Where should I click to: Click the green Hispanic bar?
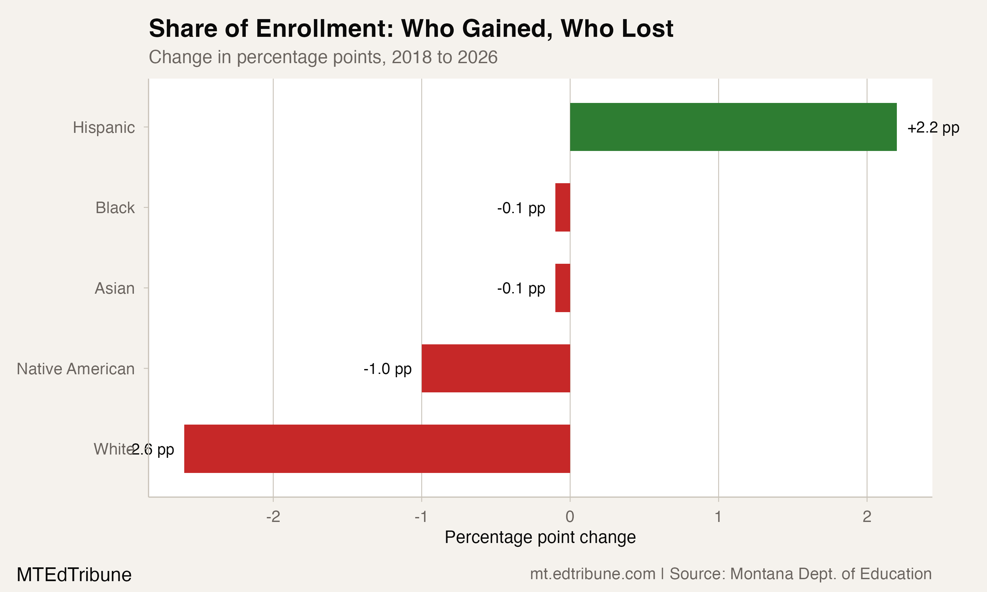pyautogui.click(x=733, y=127)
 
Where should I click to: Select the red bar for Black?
pyautogui.click(x=563, y=208)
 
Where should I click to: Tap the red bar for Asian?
pyautogui.click(x=563, y=288)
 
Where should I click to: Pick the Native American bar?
pyautogui.click(x=495, y=368)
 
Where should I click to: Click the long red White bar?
pyautogui.click(x=377, y=449)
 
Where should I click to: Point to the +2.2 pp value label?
pyautogui.click(x=933, y=128)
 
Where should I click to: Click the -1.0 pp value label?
pyautogui.click(x=387, y=369)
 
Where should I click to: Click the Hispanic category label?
pyautogui.click(x=104, y=128)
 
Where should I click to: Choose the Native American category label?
pyautogui.click(x=75, y=369)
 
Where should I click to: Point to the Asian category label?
pyautogui.click(x=114, y=288)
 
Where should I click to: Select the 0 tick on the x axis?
pyautogui.click(x=570, y=517)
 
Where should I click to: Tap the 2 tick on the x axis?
pyautogui.click(x=867, y=517)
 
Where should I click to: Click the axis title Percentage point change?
pyautogui.click(x=540, y=537)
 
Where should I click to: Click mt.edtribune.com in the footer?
pyautogui.click(x=593, y=574)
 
